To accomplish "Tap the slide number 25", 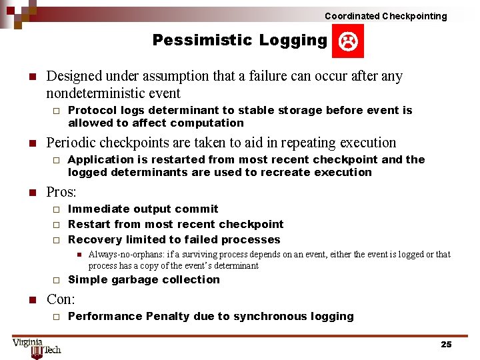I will coord(446,344).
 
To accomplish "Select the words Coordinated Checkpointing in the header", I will coord(385,16).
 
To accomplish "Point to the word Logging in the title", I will coord(293,41).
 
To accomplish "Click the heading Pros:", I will coord(61,193).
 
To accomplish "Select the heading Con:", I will coord(61,299).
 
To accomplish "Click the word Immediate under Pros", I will coord(98,209).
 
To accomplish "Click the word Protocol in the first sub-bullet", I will coord(91,110).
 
